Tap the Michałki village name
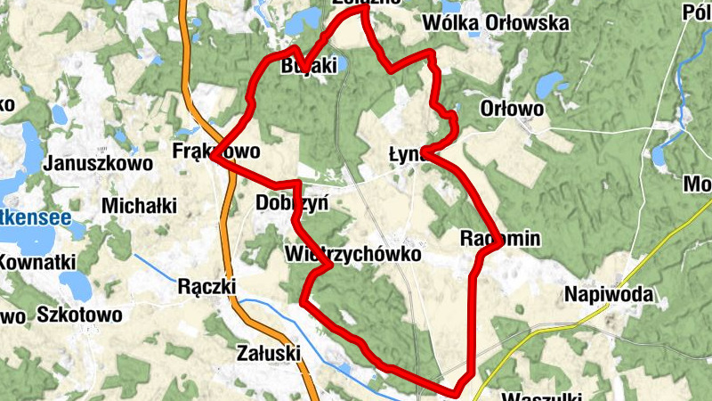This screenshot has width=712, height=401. tap(139, 206)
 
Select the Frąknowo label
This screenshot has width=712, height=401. tap(217, 152)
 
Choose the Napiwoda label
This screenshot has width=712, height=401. tap(609, 295)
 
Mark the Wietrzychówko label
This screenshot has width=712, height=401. tap(352, 255)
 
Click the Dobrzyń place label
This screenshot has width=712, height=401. tap(292, 203)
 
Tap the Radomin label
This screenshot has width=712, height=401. tap(501, 239)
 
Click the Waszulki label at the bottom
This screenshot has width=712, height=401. tap(541, 397)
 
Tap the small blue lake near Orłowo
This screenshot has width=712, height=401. tap(550, 85)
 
